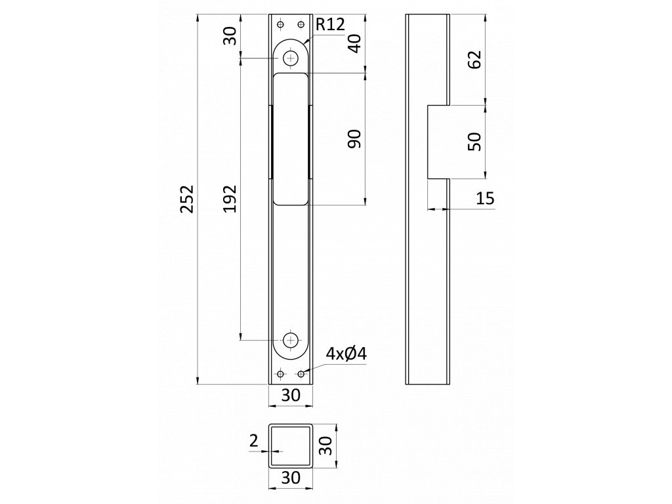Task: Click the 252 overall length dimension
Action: (x=187, y=199)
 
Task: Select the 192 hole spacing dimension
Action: (x=230, y=199)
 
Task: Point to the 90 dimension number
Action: (x=354, y=138)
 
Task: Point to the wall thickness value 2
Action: (x=254, y=442)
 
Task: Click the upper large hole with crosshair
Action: (x=290, y=58)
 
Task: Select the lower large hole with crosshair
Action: (x=290, y=340)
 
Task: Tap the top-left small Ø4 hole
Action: (x=280, y=25)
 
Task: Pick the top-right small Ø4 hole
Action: (x=301, y=25)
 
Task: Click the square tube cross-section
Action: (x=290, y=447)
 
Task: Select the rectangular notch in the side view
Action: (x=438, y=141)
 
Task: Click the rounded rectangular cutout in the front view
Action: (x=290, y=138)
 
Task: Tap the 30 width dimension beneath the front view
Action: (x=290, y=396)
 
